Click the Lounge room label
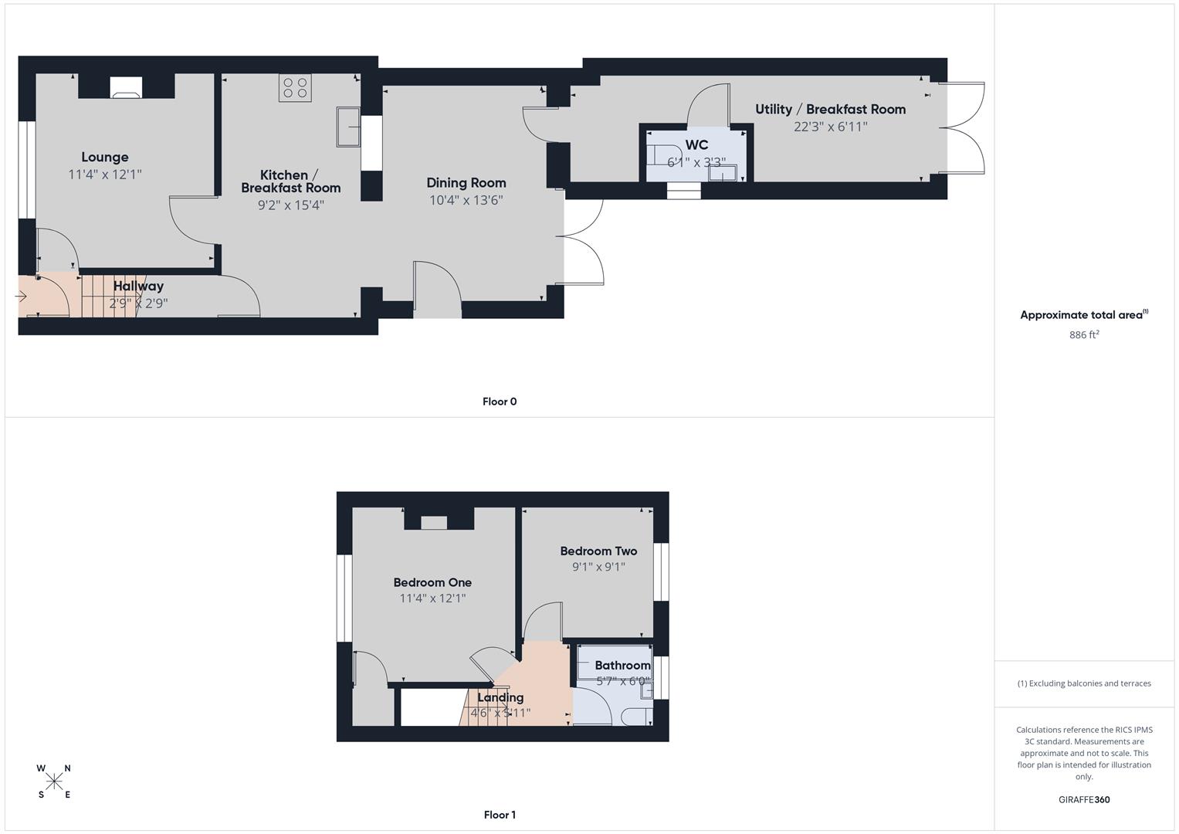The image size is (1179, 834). pos(105,158)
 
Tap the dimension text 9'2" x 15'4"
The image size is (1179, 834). pos(290,205)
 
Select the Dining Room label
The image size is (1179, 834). pos(466,183)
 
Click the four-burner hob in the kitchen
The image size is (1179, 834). pos(295,88)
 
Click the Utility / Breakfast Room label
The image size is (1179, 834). pos(830,110)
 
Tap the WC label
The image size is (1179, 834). pos(696,145)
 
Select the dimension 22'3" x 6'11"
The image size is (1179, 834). pos(830,127)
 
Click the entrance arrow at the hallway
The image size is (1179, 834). pos(21,296)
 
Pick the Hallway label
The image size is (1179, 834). pos(138,286)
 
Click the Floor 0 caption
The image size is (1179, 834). pos(500,402)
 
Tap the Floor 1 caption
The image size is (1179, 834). pos(500,815)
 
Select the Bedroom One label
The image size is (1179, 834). pos(432,583)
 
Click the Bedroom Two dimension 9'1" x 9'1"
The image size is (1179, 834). pos(598,567)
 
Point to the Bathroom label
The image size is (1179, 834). pos(622,666)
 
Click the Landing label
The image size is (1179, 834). pos(500,697)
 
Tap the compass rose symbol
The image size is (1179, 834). pos(54,781)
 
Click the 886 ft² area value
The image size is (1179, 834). pos(1084,334)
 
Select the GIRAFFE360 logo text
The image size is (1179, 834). pos(1084,800)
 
